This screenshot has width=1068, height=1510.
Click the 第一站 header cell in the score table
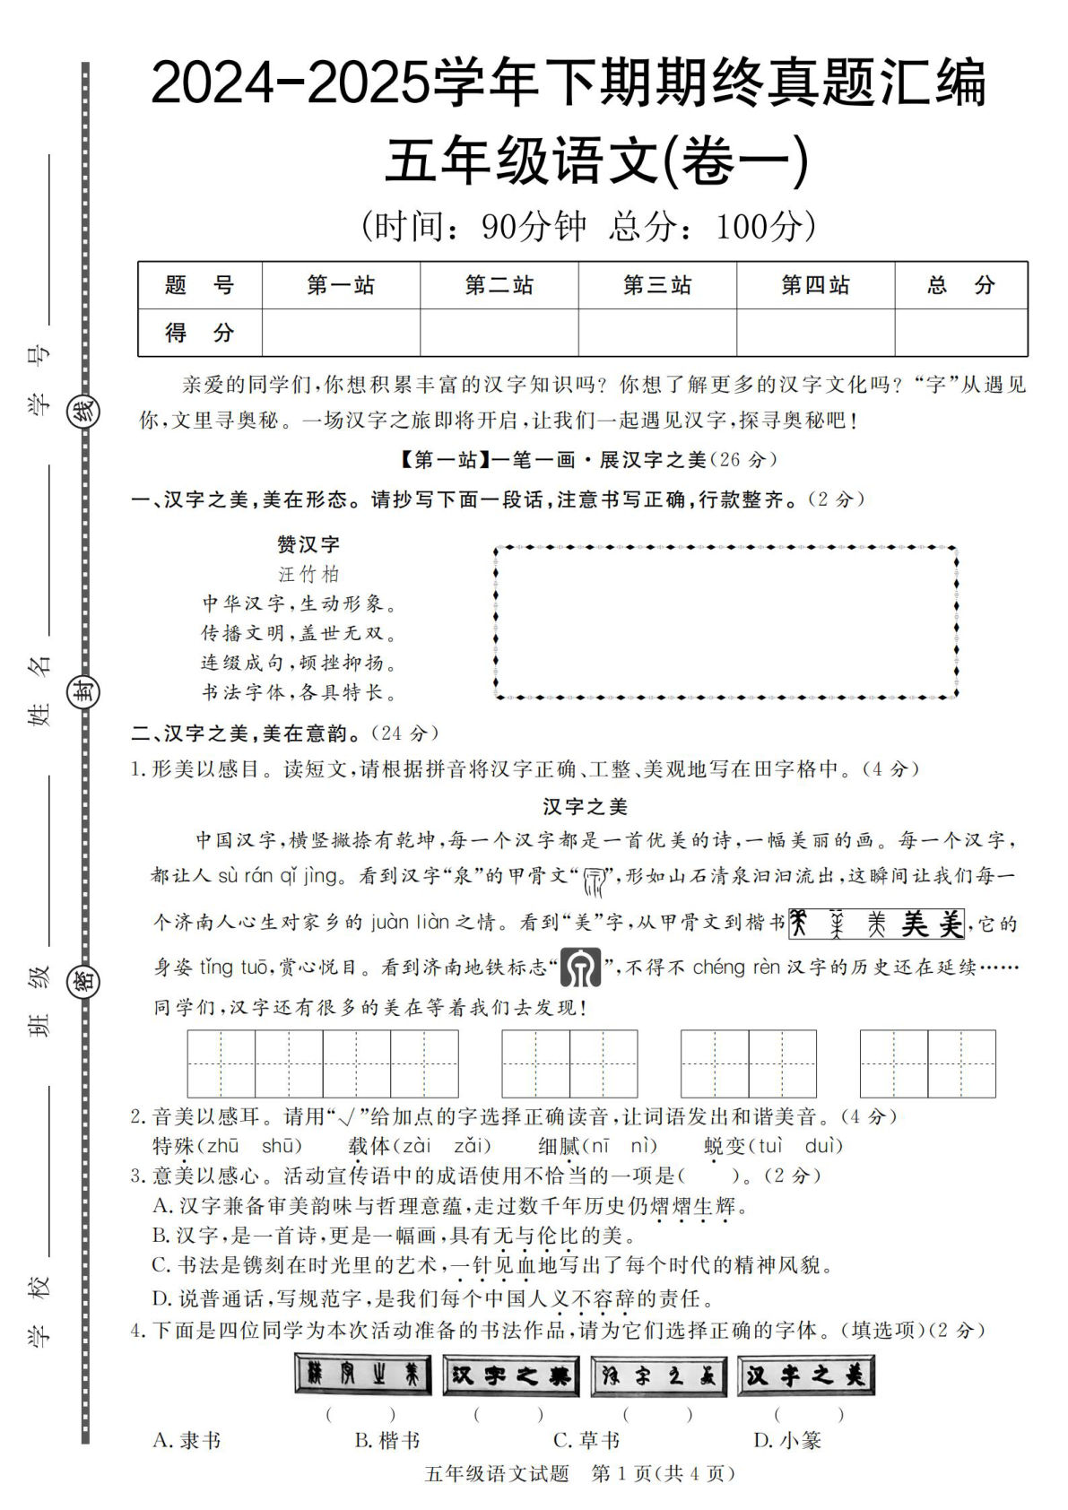click(x=341, y=285)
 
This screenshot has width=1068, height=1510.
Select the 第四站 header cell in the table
click(x=815, y=285)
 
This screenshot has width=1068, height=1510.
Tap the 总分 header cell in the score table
click(x=960, y=285)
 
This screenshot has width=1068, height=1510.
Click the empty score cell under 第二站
click(x=499, y=333)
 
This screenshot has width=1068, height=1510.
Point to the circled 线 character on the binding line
click(x=83, y=413)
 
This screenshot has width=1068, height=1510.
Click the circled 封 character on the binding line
click(x=83, y=692)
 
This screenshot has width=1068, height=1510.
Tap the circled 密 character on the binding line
click(x=83, y=982)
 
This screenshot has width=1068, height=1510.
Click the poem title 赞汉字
click(x=308, y=544)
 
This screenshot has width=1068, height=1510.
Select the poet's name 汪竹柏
click(x=308, y=574)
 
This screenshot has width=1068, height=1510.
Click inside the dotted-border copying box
click(x=725, y=621)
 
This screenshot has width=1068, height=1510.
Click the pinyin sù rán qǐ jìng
click(x=278, y=875)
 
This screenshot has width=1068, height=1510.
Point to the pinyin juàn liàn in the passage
click(x=410, y=922)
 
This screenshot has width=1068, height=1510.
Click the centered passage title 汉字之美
click(x=585, y=807)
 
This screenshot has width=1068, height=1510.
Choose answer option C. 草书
click(x=586, y=1440)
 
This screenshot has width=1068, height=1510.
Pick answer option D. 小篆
click(x=787, y=1440)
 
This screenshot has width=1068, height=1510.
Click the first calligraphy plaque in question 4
click(x=361, y=1374)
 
